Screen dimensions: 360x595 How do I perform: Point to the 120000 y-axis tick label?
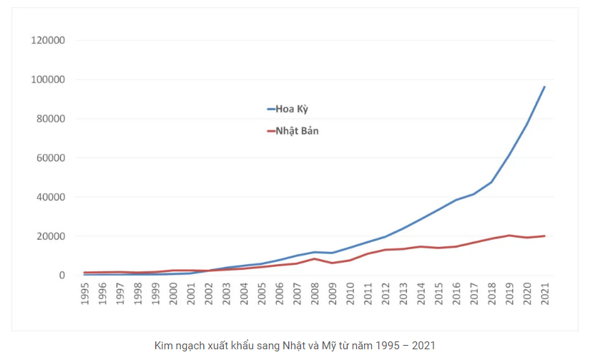coord(49,41)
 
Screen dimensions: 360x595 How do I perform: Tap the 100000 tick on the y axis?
coord(49,79)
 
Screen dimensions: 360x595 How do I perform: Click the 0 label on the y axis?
coord(62,276)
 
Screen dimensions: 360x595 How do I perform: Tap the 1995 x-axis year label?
coord(85,293)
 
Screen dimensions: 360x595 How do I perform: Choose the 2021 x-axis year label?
coord(545,293)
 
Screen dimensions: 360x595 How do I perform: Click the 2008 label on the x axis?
coord(315,293)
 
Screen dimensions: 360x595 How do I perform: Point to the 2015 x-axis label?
coord(438,293)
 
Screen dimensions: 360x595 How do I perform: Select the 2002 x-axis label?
coord(209,293)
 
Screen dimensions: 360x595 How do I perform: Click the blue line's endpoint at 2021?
coord(544,87)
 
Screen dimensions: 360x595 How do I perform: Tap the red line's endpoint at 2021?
coord(544,236)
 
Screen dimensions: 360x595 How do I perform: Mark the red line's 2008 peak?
coord(315,258)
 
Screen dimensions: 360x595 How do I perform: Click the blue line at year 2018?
coord(491,182)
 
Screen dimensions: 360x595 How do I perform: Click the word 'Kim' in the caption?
coord(164,346)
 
